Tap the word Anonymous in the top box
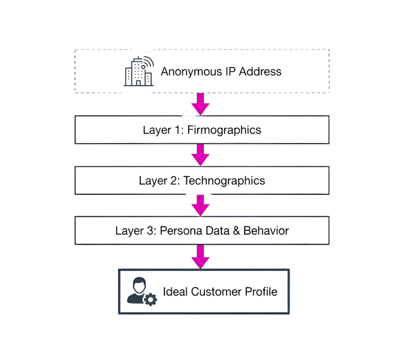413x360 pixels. tap(186, 71)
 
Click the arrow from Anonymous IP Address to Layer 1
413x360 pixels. tap(201, 104)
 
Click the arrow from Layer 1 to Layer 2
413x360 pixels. tap(201, 155)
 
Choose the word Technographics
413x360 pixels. tap(224, 180)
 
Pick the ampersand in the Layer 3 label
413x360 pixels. tap(237, 231)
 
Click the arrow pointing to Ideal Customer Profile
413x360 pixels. tap(201, 256)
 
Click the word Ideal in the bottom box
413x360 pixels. tap(174, 292)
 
